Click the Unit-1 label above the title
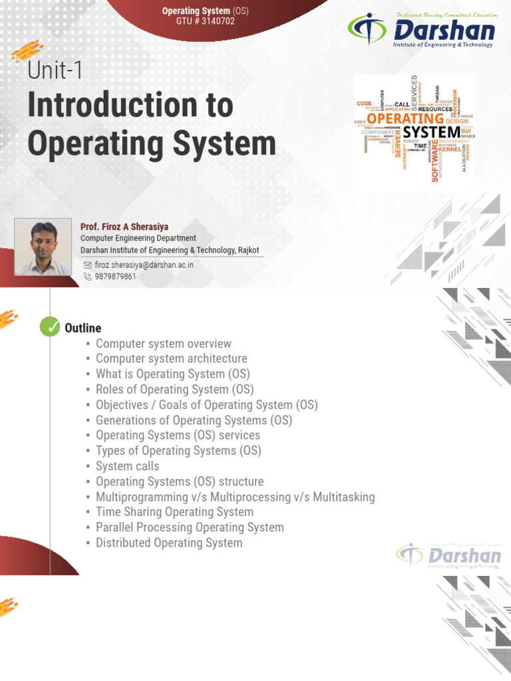pyautogui.click(x=56, y=70)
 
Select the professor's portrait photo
pyautogui.click(x=43, y=247)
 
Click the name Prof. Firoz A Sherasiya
pyautogui.click(x=124, y=227)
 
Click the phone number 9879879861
pyautogui.click(x=115, y=277)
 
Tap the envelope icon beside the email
pyautogui.click(x=87, y=265)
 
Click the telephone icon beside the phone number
pyautogui.click(x=87, y=277)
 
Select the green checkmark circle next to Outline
pyautogui.click(x=50, y=327)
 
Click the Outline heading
pyautogui.click(x=83, y=328)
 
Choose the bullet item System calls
pyautogui.click(x=128, y=466)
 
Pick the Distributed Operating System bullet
pyautogui.click(x=169, y=543)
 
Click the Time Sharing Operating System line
pyautogui.click(x=174, y=512)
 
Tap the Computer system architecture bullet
pyautogui.click(x=172, y=359)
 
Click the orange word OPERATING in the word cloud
pyautogui.click(x=405, y=118)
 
